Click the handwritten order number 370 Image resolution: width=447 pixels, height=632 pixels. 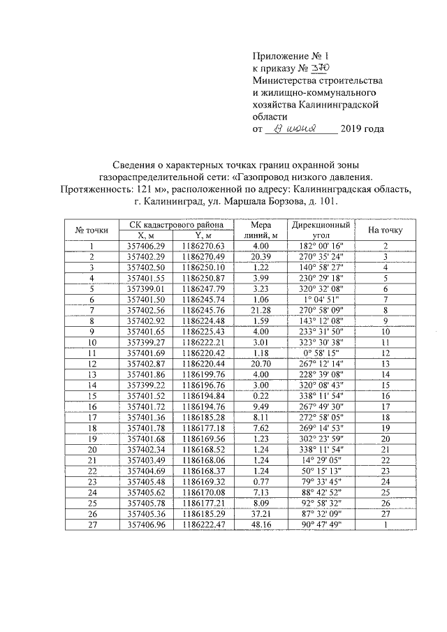click(318, 68)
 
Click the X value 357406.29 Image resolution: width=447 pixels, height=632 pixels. click(142, 247)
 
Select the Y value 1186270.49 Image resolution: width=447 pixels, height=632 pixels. click(202, 257)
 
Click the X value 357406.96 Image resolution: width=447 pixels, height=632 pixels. click(142, 524)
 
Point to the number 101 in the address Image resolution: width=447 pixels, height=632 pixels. click(326, 201)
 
